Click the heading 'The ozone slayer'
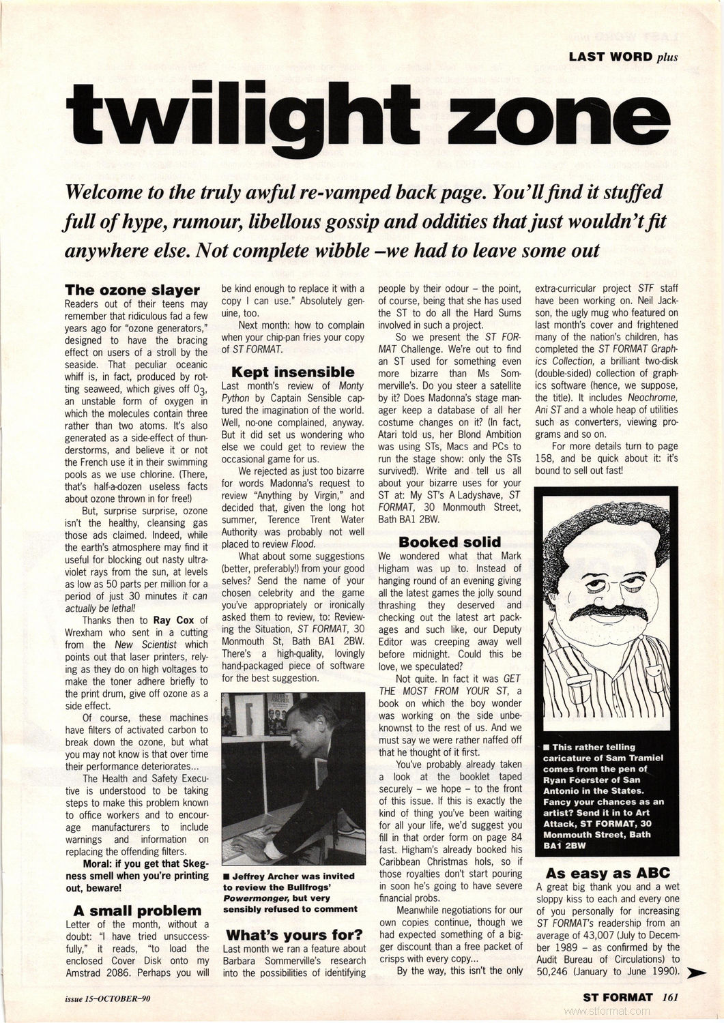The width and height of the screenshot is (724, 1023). coord(132,291)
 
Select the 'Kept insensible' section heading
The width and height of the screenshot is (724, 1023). coord(293,372)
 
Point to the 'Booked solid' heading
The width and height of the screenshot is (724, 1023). coord(450,542)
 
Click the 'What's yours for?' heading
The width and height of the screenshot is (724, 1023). coord(293,934)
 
